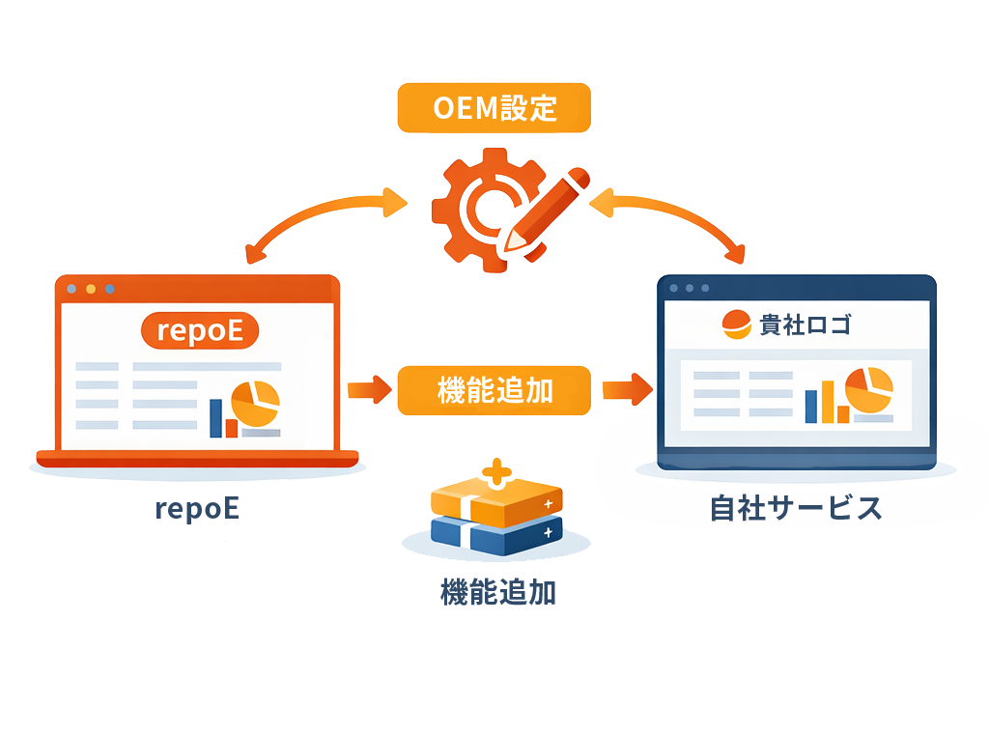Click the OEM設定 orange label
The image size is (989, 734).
(x=494, y=107)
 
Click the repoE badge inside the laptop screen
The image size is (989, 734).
(x=201, y=331)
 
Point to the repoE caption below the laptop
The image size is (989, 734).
(x=197, y=508)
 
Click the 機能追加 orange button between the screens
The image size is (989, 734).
(x=494, y=390)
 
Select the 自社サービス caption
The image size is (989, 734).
(x=796, y=508)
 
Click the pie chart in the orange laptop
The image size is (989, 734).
(x=256, y=404)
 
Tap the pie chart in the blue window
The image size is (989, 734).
(x=868, y=389)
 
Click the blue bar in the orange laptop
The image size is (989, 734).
(x=215, y=418)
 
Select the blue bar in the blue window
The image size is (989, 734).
(x=810, y=407)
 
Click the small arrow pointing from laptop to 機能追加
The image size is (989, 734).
(x=365, y=390)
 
